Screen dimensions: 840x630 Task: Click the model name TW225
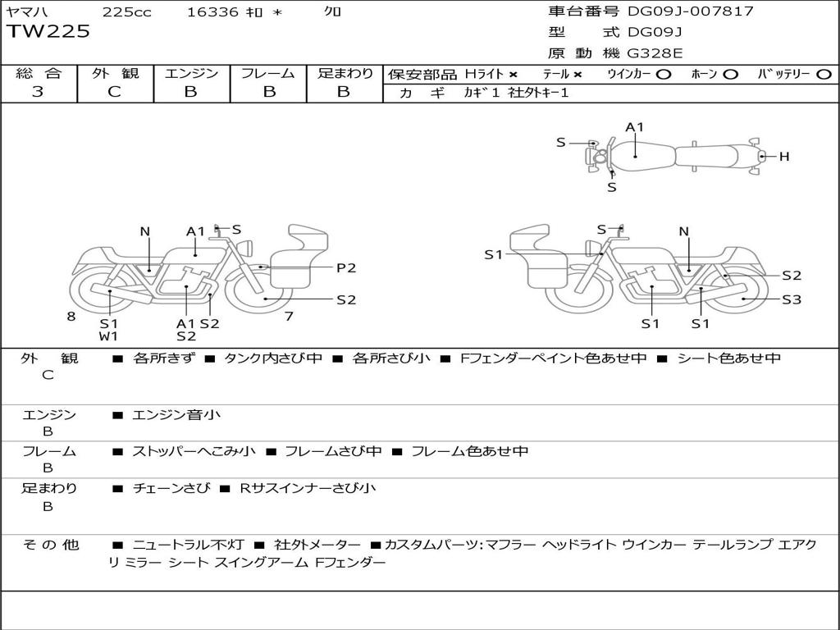click(x=48, y=32)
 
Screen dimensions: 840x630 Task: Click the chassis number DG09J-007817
click(x=690, y=11)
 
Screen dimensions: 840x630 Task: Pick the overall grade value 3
click(x=38, y=92)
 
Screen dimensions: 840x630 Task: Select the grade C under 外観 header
click(x=115, y=92)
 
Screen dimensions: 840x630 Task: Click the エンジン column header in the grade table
click(x=191, y=73)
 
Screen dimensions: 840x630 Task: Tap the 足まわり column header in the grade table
click(x=345, y=73)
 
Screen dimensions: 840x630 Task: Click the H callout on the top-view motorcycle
click(x=784, y=156)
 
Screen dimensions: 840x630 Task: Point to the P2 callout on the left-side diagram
click(x=346, y=267)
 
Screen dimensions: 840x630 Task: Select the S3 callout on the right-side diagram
click(x=791, y=299)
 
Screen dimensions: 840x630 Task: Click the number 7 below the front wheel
click(x=289, y=316)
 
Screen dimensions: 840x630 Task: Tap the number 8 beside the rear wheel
click(x=71, y=316)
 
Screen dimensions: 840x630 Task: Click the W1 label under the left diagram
click(x=109, y=336)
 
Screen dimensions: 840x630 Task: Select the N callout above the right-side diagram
click(x=684, y=231)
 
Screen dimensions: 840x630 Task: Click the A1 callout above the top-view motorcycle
click(x=635, y=127)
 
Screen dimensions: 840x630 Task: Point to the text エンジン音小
click(x=176, y=415)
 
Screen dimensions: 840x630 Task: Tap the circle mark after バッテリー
click(x=823, y=74)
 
